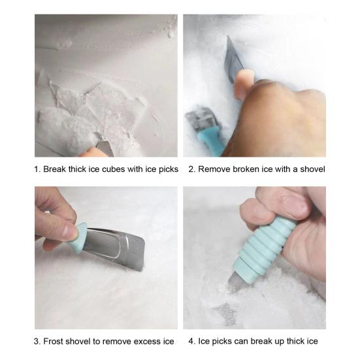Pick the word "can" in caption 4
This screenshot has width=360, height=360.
click(246, 342)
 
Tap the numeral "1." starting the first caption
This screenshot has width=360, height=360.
click(37, 169)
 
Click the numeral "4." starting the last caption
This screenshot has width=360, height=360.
click(191, 342)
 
